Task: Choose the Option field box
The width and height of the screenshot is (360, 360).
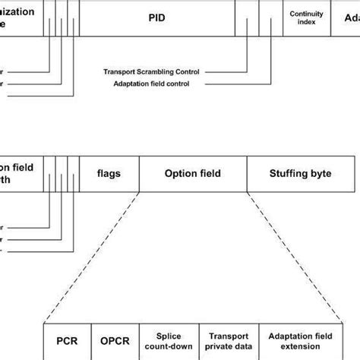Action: [193, 173]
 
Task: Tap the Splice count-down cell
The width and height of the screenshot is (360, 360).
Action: [168, 341]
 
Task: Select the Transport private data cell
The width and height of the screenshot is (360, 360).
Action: [228, 341]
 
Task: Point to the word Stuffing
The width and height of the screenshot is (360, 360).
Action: [285, 173]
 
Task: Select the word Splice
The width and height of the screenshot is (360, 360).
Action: [168, 336]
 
